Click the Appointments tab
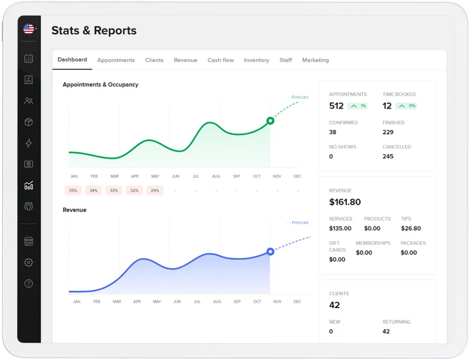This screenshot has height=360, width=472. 116,60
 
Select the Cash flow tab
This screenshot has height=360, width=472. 221,60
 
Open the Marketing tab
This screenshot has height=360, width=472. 315,60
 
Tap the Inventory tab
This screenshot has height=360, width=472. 256,60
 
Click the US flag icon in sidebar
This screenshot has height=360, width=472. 28,29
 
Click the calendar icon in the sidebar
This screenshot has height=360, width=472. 28,58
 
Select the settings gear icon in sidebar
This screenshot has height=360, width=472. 28,263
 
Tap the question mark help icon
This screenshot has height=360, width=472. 28,284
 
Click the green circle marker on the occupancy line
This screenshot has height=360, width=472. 270,120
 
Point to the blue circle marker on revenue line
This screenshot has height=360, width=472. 270,251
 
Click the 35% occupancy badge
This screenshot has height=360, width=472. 73,191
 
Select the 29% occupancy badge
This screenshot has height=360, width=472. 155,191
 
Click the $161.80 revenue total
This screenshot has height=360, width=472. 345,202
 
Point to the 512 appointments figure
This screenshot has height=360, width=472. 336,106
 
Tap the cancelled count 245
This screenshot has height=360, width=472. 388,156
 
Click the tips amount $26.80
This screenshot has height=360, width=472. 411,228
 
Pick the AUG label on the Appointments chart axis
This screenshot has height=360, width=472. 216,176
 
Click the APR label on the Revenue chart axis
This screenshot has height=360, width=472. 137,302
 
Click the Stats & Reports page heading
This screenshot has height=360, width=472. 94,31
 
